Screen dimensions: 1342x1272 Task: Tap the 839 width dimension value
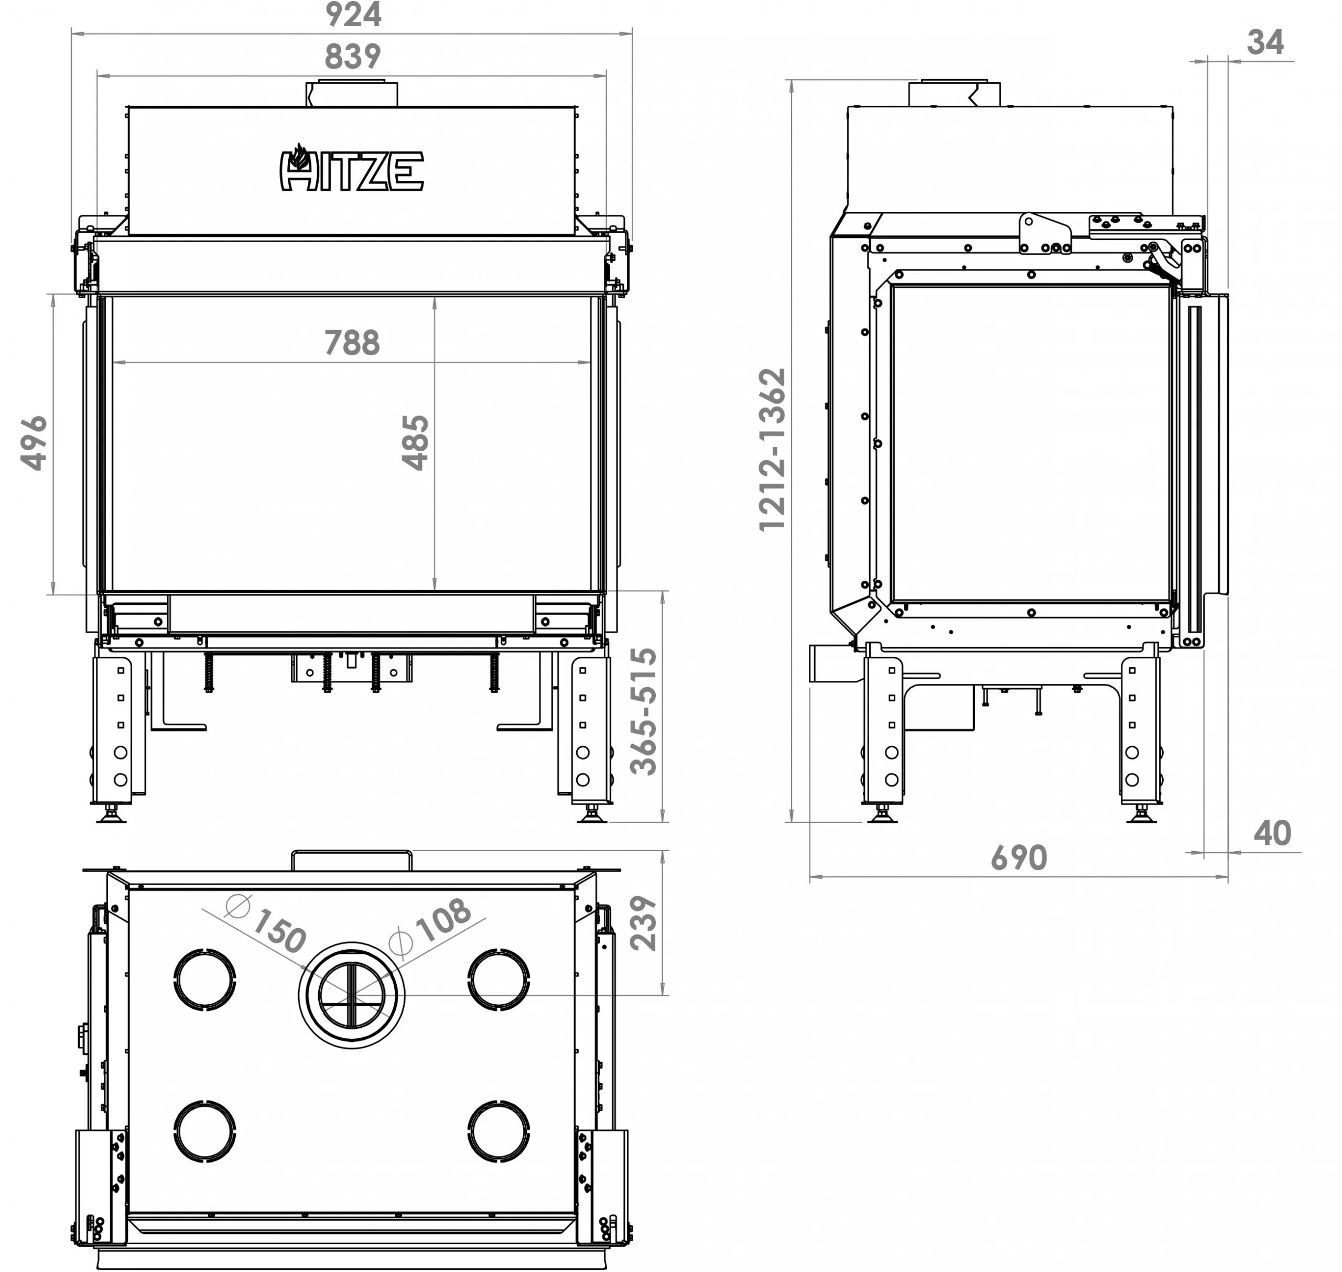pos(353,56)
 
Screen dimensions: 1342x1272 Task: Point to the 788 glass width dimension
pos(352,342)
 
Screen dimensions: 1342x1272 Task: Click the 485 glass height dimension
pos(415,443)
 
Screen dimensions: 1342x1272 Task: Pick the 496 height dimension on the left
pos(34,443)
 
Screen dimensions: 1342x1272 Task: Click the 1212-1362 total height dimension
pos(772,450)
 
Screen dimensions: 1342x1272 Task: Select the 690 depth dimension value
pos(1019,858)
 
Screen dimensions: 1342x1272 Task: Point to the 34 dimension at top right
pos(1265,42)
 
